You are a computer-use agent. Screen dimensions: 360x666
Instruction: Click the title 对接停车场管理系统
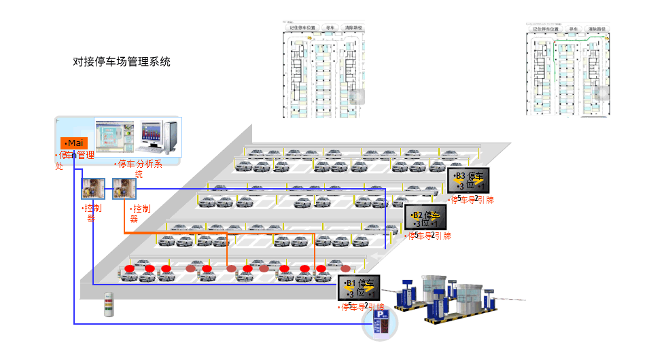[122, 62]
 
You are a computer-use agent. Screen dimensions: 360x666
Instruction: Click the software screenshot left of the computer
[114, 137]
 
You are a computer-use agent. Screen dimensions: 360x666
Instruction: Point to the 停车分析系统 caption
[139, 168]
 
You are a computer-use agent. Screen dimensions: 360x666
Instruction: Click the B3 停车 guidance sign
[468, 181]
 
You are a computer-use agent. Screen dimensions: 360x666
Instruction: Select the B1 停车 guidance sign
[359, 287]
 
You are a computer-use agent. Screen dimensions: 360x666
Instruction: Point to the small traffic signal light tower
[107, 305]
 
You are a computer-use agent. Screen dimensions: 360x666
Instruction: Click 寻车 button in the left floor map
[331, 29]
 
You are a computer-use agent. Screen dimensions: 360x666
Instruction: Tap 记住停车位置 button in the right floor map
[545, 29]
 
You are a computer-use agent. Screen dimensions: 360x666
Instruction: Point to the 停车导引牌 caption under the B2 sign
[427, 236]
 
